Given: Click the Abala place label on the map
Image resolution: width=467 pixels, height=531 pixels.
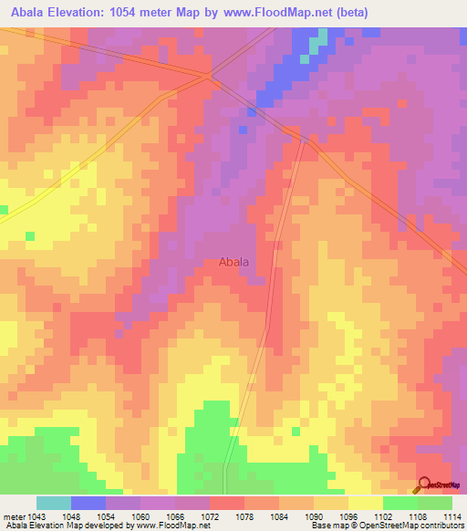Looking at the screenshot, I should click(234, 262).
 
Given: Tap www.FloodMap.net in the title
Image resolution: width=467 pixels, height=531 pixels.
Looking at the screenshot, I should click(279, 12).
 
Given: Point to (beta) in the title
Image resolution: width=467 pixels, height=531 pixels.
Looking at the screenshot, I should click(358, 12).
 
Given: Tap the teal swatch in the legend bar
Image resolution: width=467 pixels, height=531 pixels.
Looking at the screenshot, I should click(54, 503).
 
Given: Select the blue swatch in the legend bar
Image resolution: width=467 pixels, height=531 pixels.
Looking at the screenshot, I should click(88, 503).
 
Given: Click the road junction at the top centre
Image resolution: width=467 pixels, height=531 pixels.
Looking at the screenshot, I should click(211, 73).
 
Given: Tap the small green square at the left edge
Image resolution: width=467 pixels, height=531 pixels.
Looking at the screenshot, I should click(3, 210).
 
